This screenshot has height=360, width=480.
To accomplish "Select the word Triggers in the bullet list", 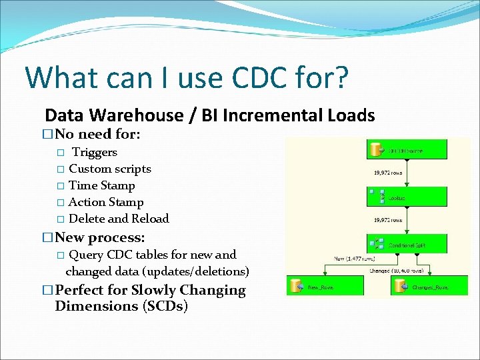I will click(x=95, y=153).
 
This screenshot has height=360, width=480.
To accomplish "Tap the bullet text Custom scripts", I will click(x=110, y=169).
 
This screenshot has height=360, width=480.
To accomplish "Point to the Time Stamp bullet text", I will click(x=102, y=185).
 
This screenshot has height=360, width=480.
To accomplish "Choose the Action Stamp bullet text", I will click(x=106, y=202).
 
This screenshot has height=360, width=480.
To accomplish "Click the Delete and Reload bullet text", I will click(x=119, y=219).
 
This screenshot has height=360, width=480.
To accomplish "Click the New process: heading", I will click(x=100, y=237).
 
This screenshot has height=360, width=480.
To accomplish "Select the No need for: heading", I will click(x=97, y=134).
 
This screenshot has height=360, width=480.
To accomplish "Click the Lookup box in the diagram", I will click(x=407, y=197).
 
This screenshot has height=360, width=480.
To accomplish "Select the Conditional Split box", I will click(x=407, y=244).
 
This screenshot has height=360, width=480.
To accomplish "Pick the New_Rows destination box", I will click(x=324, y=286).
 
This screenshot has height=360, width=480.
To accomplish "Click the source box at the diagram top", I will click(x=407, y=151).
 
